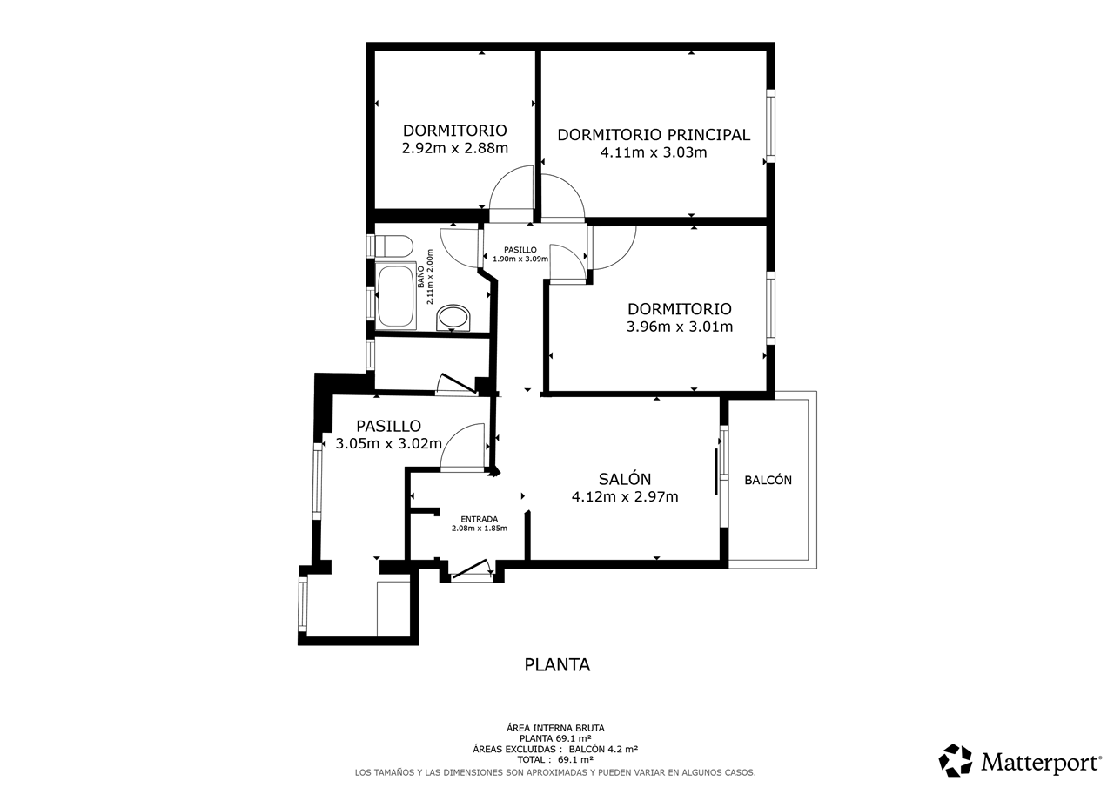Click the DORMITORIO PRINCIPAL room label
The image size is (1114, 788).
coord(654,135)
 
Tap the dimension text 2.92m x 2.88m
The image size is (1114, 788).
coord(454,148)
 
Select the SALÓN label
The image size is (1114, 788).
coord(625,479)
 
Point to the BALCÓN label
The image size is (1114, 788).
coord(768,480)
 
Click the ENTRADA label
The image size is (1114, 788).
coord(479,519)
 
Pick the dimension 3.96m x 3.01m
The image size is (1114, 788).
coord(680,327)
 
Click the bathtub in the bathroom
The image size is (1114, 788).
coord(396,295)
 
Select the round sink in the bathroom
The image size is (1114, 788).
coord(453,318)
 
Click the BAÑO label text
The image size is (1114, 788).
coord(420,277)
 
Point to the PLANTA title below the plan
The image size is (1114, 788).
coord(557,665)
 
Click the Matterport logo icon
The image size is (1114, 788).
coord(955,760)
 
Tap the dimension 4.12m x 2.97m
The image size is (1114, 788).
coord(625,497)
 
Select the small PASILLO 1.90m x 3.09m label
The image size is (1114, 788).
coord(520,254)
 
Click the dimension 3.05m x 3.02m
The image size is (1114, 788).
coord(388,444)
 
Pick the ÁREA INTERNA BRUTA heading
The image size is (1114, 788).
coord(555,728)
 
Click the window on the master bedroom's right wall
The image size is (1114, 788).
coord(770,126)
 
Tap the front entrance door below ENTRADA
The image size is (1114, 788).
coord(471,570)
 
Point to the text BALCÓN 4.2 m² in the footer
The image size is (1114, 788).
coord(603,749)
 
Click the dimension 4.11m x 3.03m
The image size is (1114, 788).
coord(654,152)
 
